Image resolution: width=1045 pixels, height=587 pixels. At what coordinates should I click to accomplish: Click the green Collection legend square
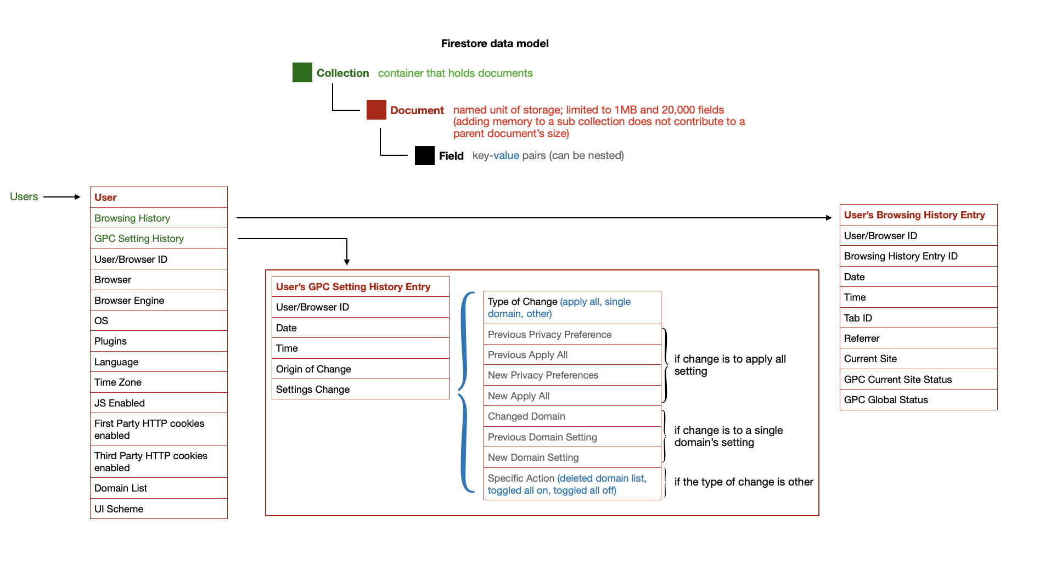pyautogui.click(x=302, y=72)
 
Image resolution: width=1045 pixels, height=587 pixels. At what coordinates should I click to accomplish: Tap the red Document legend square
pyautogui.click(x=377, y=110)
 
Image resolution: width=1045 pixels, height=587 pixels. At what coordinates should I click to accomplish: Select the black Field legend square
pyautogui.click(x=424, y=156)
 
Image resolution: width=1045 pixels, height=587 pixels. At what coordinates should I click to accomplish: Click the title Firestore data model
pyautogui.click(x=495, y=43)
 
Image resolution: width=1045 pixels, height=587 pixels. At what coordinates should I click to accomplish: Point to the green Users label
pyautogui.click(x=24, y=196)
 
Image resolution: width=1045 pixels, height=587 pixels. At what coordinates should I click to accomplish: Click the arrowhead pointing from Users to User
pyautogui.click(x=77, y=197)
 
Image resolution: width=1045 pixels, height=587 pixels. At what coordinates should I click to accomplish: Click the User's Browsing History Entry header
pyautogui.click(x=914, y=215)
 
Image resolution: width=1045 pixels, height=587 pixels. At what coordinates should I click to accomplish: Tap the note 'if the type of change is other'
pyautogui.click(x=743, y=482)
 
